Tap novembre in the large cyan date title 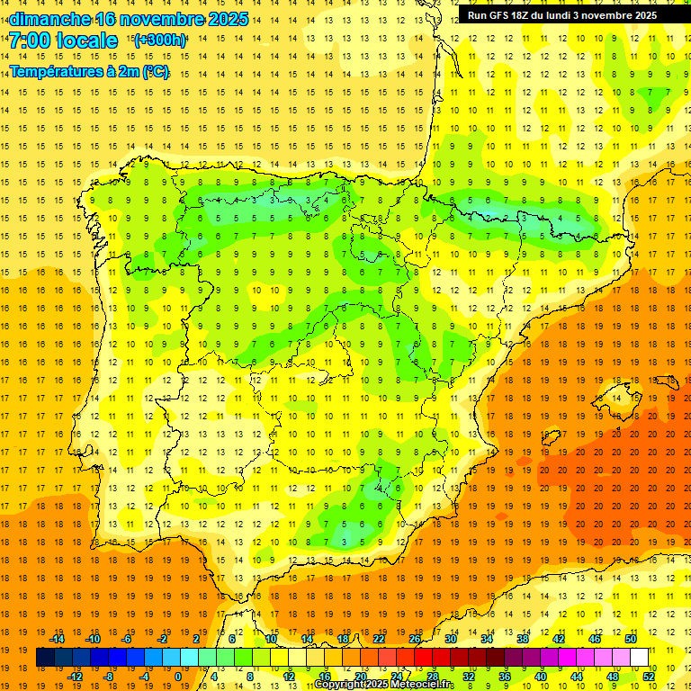point(162,19)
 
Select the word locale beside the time point(86,40)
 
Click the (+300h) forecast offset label point(160,40)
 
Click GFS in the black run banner point(498,15)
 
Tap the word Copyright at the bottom point(337,685)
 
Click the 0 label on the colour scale point(177,677)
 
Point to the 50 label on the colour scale point(630,639)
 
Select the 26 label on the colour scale point(415,639)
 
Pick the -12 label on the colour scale point(75,677)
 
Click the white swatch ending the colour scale point(640,658)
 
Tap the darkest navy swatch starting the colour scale point(45,658)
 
